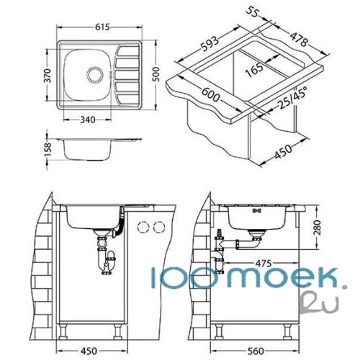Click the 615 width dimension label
click(x=102, y=27)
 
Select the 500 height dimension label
click(x=156, y=74)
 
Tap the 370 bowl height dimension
click(x=48, y=76)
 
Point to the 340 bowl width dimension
click(x=88, y=120)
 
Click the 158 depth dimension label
click(x=48, y=150)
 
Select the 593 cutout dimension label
click(x=210, y=44)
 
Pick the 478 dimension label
click(x=298, y=39)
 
